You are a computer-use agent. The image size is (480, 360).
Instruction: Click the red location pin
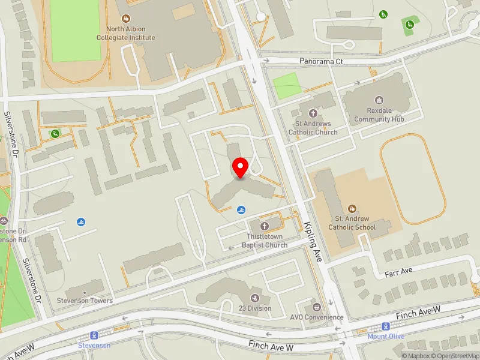tap(241, 167)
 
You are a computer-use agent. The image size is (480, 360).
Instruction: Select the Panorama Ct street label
tap(321, 62)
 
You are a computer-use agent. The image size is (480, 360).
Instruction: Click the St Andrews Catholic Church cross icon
tap(313, 113)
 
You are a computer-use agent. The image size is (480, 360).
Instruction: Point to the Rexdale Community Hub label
tap(379, 115)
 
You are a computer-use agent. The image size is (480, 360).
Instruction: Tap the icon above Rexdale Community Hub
tap(379, 100)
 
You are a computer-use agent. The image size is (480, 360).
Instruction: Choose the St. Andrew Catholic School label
tap(355, 223)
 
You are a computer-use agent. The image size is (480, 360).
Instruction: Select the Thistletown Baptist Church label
tap(265, 241)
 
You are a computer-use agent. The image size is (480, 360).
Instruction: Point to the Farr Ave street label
tap(399, 271)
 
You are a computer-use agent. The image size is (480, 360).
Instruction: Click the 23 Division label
tap(255, 308)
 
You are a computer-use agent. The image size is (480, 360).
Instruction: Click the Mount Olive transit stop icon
tap(386, 326)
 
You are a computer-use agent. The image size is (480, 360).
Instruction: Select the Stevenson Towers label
tap(85, 301)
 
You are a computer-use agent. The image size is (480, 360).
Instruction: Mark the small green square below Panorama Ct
tap(287, 85)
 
